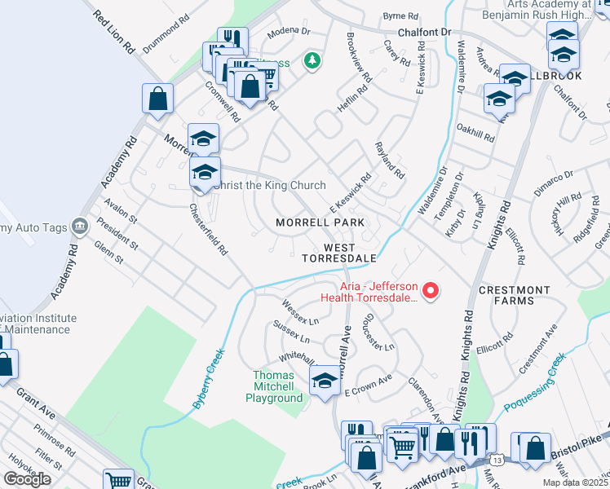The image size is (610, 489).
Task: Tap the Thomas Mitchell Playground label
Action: (x=274, y=386)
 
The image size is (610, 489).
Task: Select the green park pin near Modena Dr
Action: (x=311, y=61)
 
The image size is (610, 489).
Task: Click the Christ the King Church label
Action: (x=269, y=185)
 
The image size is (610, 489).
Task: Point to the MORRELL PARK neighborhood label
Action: (x=319, y=222)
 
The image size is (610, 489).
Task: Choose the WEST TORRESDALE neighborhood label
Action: (x=339, y=252)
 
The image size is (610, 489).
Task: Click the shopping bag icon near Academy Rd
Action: (x=158, y=99)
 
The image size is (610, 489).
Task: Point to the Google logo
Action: (x=27, y=478)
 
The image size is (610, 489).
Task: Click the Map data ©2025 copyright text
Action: (x=576, y=482)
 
